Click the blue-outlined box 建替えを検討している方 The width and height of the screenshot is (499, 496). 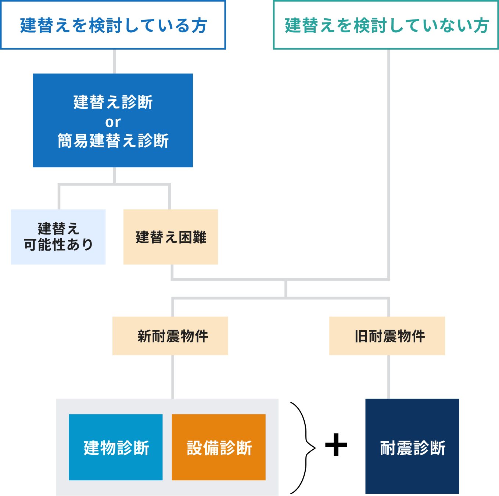pos(113,25)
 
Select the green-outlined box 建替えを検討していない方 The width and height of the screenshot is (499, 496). pos(386,25)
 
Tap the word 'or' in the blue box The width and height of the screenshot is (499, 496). pos(113,122)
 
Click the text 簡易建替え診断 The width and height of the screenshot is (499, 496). pos(113,141)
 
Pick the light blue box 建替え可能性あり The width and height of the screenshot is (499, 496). pos(58,237)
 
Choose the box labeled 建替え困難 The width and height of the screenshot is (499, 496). pos(171,237)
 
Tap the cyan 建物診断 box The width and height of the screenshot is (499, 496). pos(116,447)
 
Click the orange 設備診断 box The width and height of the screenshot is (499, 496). pos(219,447)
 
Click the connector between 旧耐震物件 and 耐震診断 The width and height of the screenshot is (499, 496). pos(388,377)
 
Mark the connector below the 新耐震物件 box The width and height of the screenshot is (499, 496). pos(173,377)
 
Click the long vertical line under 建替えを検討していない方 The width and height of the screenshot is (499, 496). pos(388,165)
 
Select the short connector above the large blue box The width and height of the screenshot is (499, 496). pos(114,61)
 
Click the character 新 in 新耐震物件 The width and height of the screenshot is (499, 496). pos(144,336)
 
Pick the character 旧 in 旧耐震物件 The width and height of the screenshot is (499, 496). pos(361,336)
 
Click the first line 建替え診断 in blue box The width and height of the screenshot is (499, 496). pos(113,102)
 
